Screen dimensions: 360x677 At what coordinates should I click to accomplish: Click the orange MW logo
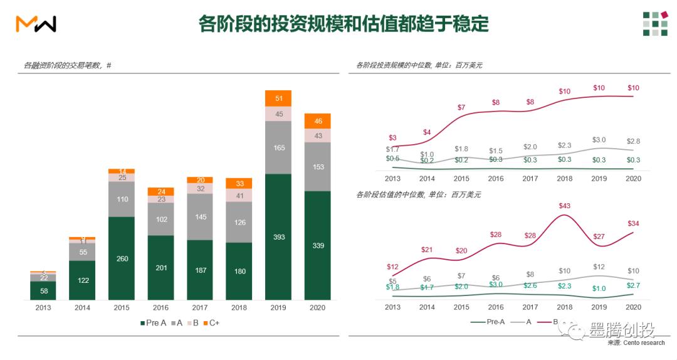pos(36,24)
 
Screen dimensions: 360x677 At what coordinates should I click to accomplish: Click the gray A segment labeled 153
pos(317,167)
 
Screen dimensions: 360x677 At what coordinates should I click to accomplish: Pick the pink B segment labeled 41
pos(239,195)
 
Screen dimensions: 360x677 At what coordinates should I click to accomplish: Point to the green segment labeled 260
pos(122,258)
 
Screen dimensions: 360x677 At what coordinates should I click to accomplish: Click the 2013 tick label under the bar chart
pos(43,308)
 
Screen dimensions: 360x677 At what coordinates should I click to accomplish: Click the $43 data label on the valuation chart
pos(564,206)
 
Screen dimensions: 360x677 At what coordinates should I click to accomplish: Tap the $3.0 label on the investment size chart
pos(599,140)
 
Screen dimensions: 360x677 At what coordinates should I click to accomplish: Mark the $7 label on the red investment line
pos(461,107)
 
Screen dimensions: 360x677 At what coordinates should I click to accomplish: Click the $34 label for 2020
pos(632,223)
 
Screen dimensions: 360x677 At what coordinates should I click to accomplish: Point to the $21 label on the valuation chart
pos(427,250)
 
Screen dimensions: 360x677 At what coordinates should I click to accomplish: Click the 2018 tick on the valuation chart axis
pos(564,307)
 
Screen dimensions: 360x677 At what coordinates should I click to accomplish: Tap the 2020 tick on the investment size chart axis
pos(633,178)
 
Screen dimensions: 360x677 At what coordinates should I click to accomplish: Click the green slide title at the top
pos(343,24)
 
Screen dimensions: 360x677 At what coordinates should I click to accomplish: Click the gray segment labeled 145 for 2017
pos(200,217)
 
